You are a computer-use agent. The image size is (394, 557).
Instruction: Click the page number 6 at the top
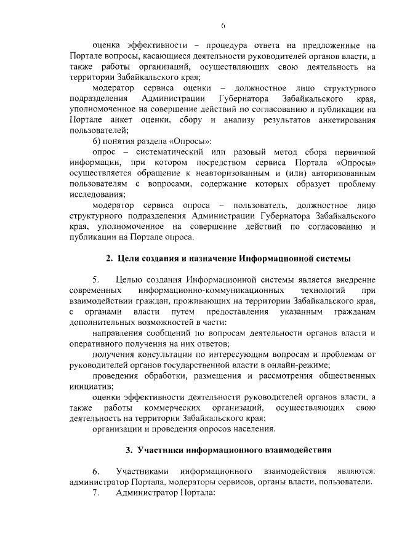point(223,25)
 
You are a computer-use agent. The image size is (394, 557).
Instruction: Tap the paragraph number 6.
point(95,470)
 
